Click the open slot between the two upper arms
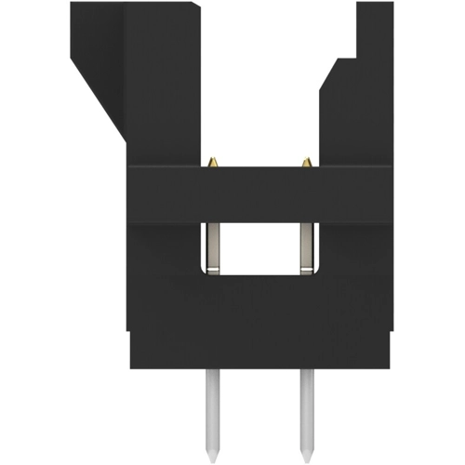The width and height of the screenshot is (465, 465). point(260,84)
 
